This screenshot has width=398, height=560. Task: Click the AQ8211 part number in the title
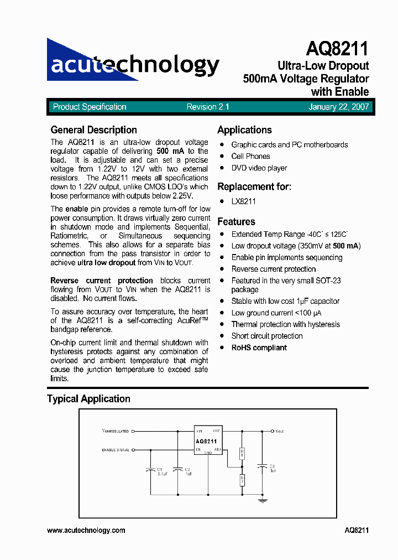pyautogui.click(x=337, y=49)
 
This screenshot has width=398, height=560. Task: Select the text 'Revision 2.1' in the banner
pyautogui.click(x=208, y=107)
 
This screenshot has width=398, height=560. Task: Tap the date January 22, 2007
pyautogui.click(x=338, y=107)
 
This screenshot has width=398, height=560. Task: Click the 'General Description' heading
pyautogui.click(x=93, y=130)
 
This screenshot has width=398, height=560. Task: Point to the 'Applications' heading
pyautogui.click(x=244, y=130)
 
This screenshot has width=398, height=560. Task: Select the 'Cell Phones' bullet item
pyautogui.click(x=250, y=157)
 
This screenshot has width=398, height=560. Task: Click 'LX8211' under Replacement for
pyautogui.click(x=243, y=202)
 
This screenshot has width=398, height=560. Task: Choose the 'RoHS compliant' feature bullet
pyautogui.click(x=259, y=348)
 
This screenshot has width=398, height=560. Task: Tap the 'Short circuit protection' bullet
pyautogui.click(x=266, y=336)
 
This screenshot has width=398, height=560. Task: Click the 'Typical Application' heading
pyautogui.click(x=88, y=399)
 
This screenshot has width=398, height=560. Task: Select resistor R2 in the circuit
pyautogui.click(x=242, y=479)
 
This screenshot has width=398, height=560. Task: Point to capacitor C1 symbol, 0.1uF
pyautogui.click(x=150, y=470)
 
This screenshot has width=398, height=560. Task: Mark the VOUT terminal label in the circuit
pyautogui.click(x=280, y=431)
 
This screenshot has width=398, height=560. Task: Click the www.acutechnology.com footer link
pyautogui.click(x=86, y=530)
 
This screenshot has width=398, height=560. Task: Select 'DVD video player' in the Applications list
pyautogui.click(x=259, y=168)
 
